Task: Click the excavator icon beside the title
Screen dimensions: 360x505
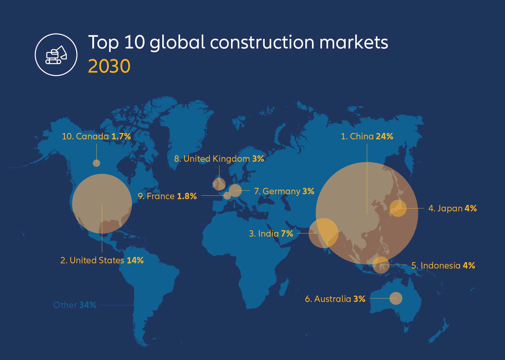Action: [x=56, y=55]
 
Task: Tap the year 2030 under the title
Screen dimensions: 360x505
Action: [x=109, y=66]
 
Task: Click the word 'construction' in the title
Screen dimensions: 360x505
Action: [x=262, y=42]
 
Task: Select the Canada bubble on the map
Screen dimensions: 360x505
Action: [x=96, y=163]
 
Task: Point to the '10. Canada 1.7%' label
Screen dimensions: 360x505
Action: [x=96, y=136]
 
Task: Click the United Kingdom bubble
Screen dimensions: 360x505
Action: [x=219, y=184]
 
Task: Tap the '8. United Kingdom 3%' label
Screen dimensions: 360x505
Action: [x=219, y=159]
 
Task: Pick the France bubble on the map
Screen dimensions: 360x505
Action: [x=228, y=195]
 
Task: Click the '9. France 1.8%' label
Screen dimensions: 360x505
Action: [x=167, y=196]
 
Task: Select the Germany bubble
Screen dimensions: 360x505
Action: [x=235, y=190]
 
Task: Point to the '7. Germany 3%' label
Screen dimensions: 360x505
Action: [x=284, y=191]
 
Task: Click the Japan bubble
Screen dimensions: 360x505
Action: [x=398, y=208]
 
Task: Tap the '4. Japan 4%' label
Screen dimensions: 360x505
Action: [x=452, y=208]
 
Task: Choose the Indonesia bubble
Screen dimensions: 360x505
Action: [x=381, y=265]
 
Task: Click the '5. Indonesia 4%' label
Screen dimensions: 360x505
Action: [x=443, y=266]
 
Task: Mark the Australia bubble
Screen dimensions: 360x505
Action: [x=396, y=298]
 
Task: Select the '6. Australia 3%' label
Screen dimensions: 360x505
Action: [x=335, y=299]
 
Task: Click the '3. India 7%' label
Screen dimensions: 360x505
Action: [x=271, y=234]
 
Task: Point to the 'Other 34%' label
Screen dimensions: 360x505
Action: [x=75, y=305]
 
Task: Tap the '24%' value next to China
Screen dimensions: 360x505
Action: [x=385, y=136]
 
